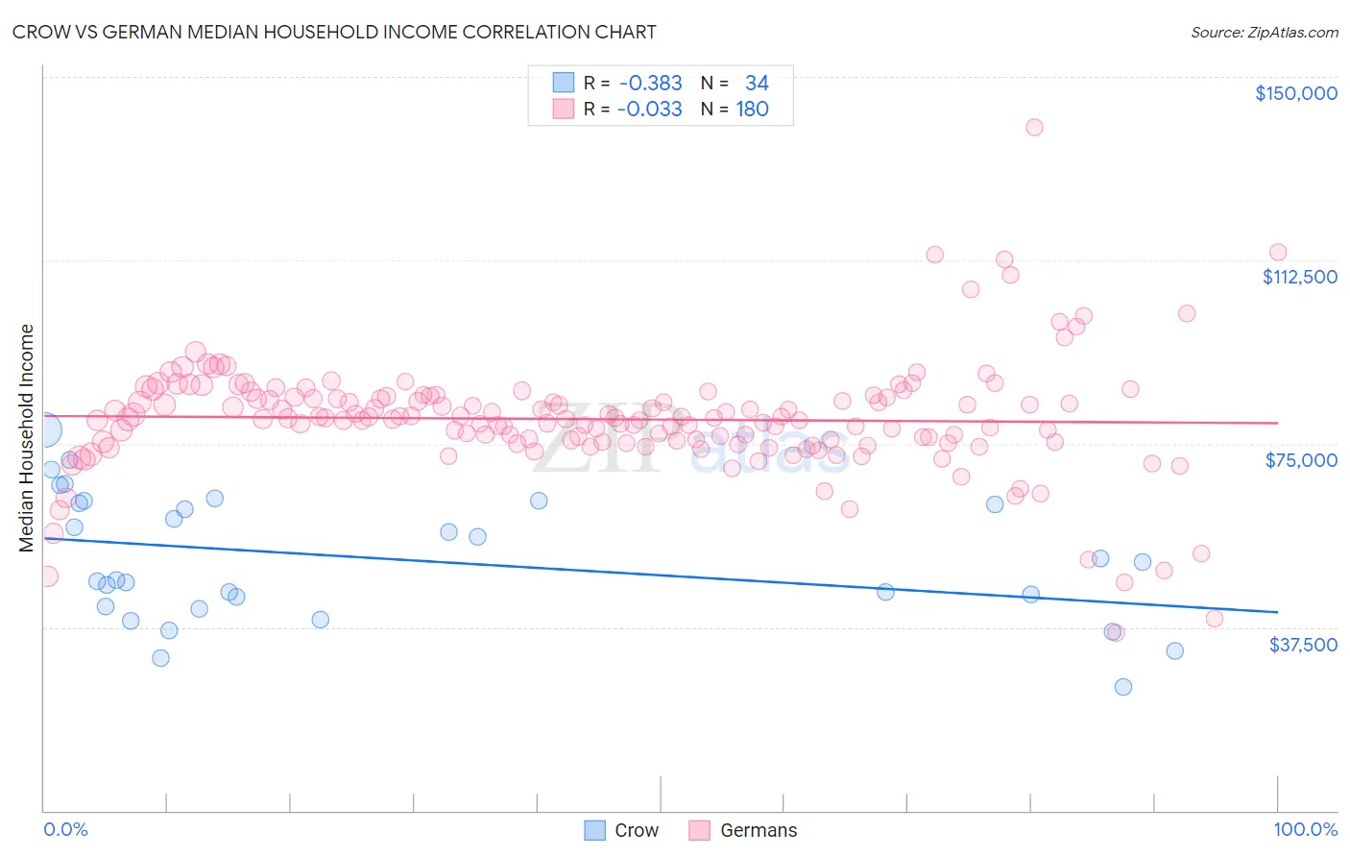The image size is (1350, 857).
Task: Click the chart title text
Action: coord(333,32)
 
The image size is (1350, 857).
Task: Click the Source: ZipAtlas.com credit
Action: coord(1264,32)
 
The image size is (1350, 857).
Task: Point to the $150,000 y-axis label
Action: coord(1295,93)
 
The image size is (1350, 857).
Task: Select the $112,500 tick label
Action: coord(1299,277)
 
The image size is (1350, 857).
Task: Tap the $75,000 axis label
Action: coord(1301,460)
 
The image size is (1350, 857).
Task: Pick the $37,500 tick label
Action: coord(1303,645)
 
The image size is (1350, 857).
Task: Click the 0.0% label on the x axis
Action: coord(65,829)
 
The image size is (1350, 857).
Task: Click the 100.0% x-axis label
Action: coord(1305,829)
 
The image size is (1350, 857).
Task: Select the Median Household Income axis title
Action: coord(26,438)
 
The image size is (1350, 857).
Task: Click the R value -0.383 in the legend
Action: coord(650,83)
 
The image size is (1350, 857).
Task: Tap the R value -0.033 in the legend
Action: coord(650,109)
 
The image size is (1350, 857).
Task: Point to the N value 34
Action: coord(757,83)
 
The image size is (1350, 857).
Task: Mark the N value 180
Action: coord(753,109)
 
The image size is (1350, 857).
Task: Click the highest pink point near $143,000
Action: coord(1034,127)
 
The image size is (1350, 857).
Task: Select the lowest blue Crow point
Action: coord(1122,687)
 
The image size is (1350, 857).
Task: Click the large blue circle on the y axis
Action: coord(44,430)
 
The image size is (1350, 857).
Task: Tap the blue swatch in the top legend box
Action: coord(564,83)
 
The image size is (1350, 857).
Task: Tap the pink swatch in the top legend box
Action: coord(564,109)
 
